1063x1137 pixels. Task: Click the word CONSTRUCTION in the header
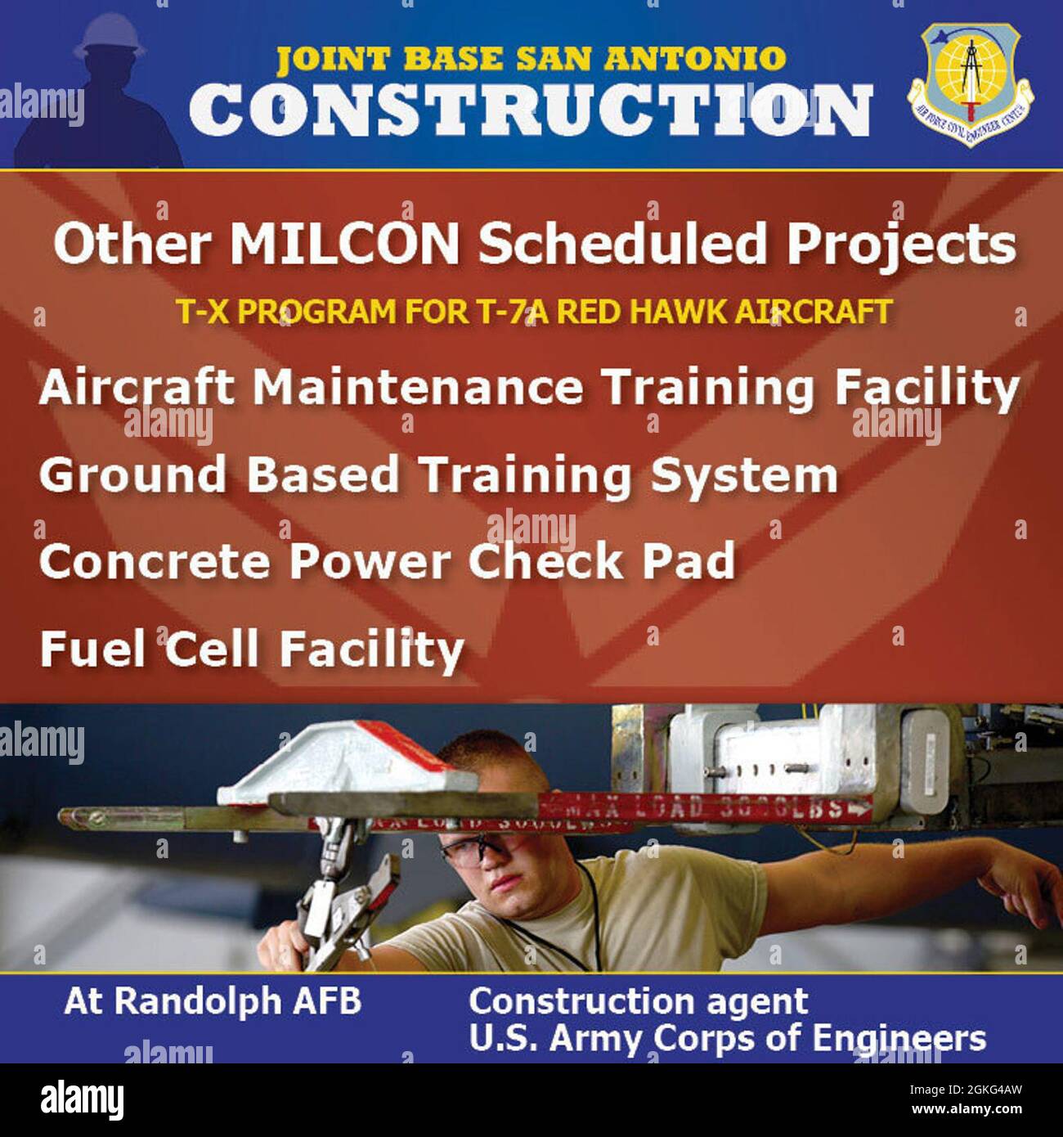(530, 111)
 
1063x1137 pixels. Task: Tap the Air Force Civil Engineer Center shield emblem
(970, 83)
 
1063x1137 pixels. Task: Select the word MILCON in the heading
(344, 244)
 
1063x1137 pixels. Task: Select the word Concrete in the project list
(154, 561)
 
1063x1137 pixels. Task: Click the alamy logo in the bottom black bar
(83, 1099)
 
